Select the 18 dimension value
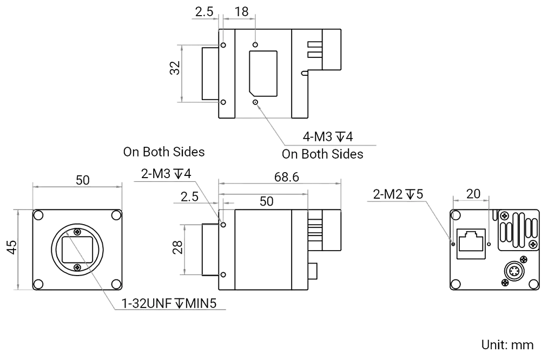point(241,11)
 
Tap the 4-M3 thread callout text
point(328,136)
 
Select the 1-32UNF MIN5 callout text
point(169,304)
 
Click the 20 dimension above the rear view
point(473,193)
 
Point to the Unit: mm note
point(507,345)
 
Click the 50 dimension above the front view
point(82,181)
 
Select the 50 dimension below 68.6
point(266,201)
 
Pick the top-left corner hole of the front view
point(38,215)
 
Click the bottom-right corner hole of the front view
point(115,284)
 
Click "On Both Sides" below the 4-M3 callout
point(322,154)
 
